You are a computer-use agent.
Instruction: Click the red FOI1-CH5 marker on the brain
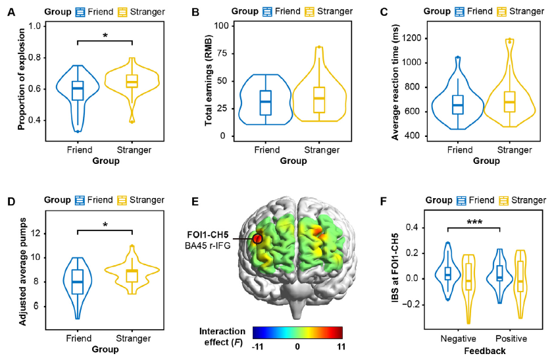257,238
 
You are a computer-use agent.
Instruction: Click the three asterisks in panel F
474,222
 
